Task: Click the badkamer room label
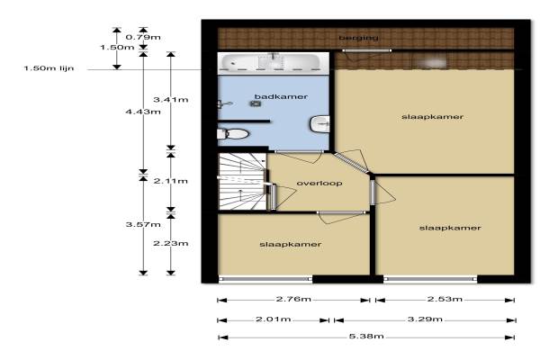[x=281, y=96]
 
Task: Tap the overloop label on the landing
[x=319, y=183]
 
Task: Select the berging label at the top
[x=358, y=38]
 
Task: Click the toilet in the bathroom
[x=233, y=133]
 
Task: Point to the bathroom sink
[x=319, y=124]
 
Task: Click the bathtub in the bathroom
[x=271, y=62]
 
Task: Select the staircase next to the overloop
[x=242, y=182]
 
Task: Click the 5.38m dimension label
[x=366, y=336]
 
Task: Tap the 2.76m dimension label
[x=293, y=299]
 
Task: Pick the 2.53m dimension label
[x=445, y=299]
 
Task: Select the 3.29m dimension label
[x=425, y=319]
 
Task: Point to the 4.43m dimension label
[x=143, y=112]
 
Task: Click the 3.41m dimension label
[x=170, y=100]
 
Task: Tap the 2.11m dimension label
[x=170, y=181]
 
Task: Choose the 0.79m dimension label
[x=143, y=37]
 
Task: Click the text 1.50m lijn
[x=49, y=68]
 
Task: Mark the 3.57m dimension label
[x=143, y=224]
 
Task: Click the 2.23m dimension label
[x=170, y=243]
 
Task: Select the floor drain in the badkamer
[x=256, y=103]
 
